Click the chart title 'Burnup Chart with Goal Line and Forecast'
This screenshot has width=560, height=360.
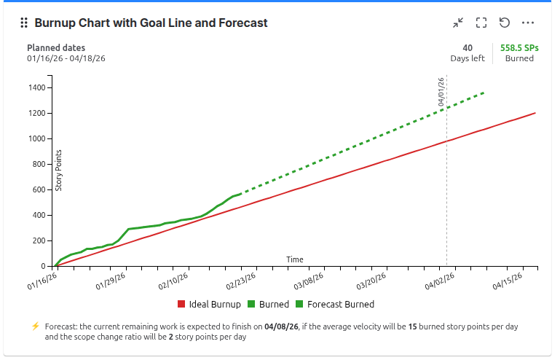[x=151, y=23]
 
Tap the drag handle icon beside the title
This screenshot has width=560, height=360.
[x=24, y=23]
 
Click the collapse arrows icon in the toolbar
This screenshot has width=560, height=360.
[x=458, y=23]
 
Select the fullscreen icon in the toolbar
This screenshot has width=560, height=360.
[x=481, y=23]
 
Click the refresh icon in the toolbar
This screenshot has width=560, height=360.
[x=504, y=23]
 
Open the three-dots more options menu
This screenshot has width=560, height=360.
[x=528, y=23]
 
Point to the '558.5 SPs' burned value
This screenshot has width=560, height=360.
[x=519, y=48]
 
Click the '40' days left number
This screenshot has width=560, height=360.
[x=468, y=48]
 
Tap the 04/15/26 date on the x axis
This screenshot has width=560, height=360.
[x=508, y=281]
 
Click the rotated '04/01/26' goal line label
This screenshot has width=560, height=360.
[x=441, y=93]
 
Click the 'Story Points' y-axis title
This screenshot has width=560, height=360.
[x=59, y=171]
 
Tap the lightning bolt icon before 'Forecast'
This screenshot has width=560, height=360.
[x=35, y=326]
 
